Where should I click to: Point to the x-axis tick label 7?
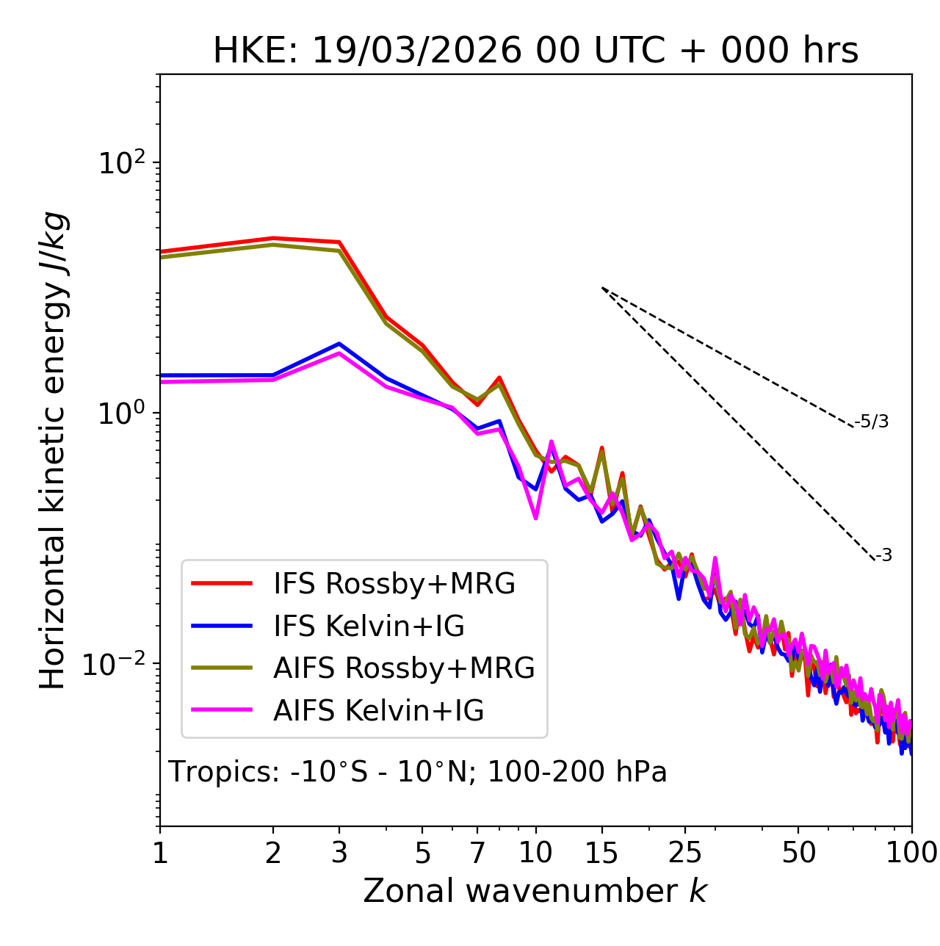477,853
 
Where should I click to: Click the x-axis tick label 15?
602,853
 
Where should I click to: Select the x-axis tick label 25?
685,853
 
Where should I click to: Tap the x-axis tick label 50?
799,853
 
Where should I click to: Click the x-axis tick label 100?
911,853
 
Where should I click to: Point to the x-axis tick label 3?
339,853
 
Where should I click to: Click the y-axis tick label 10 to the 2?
122,162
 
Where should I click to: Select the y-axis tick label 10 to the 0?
122,413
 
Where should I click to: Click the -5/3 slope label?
872,422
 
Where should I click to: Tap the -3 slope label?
883,556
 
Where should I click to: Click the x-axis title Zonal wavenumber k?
535,891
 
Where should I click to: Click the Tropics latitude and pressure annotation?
417,773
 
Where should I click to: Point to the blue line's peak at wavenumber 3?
339,344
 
